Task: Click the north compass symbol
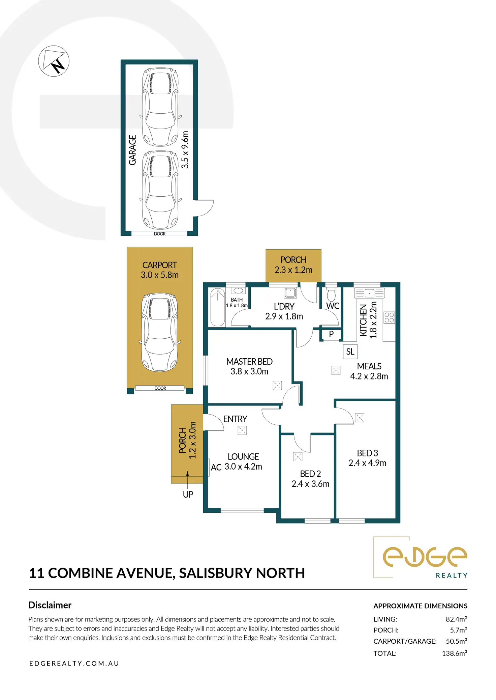[54, 61]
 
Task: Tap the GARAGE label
[132, 150]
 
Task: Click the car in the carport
[159, 332]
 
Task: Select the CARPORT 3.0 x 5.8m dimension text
[160, 275]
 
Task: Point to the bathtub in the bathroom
[218, 307]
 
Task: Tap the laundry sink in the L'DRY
[290, 292]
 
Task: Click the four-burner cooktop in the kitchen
[389, 317]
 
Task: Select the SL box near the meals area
[350, 352]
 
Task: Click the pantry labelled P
[331, 334]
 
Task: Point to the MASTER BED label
[249, 362]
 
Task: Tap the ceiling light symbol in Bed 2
[298, 456]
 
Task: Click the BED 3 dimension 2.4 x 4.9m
[367, 463]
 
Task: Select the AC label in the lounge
[216, 467]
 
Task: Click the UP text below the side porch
[188, 495]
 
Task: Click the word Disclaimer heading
[50, 605]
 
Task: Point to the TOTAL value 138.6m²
[454, 653]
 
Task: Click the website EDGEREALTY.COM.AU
[74, 663]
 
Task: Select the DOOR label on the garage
[160, 234]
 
